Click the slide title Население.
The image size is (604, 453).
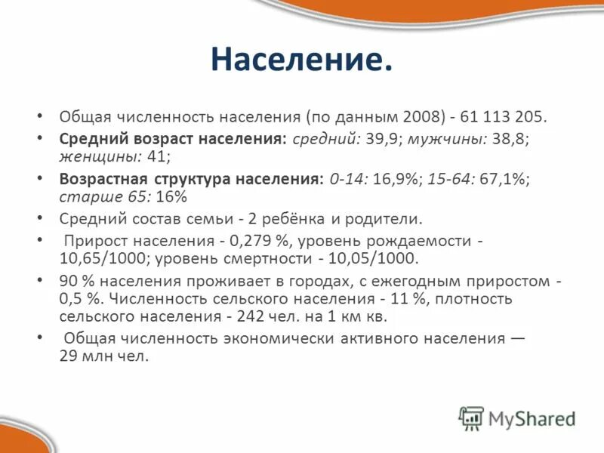coord(301,60)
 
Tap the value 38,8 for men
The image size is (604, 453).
coord(493,140)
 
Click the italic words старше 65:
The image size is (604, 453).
coord(103,196)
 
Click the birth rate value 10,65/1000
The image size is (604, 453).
coord(103,258)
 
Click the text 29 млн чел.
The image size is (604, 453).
coord(104,356)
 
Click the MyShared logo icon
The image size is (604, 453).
coord(471,418)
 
